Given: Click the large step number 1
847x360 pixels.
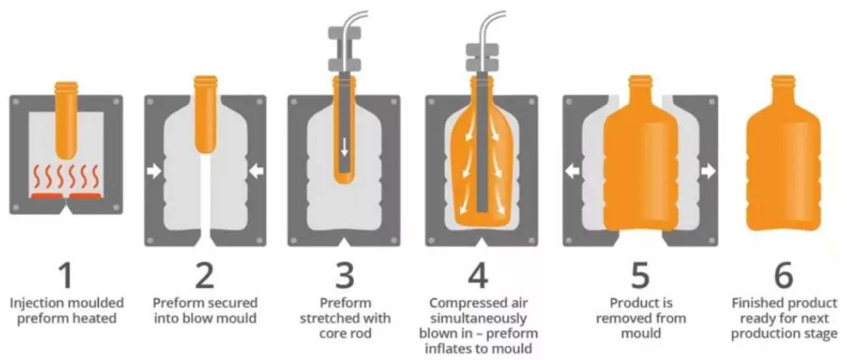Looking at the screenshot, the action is pyautogui.click(x=65, y=275).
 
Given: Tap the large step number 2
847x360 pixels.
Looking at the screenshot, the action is pyautogui.click(x=205, y=275).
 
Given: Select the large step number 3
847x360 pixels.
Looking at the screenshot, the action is pyautogui.click(x=346, y=275).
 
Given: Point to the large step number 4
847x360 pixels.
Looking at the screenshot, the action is pyautogui.click(x=479, y=275).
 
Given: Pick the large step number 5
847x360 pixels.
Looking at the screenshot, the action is pyautogui.click(x=640, y=275).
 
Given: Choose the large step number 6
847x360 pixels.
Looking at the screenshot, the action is pyautogui.click(x=783, y=275).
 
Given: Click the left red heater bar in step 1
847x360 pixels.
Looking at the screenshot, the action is pyautogui.click(x=47, y=195).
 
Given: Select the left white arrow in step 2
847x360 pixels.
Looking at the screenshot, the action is pyautogui.click(x=154, y=172).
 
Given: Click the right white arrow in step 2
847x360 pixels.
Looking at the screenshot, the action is pyautogui.click(x=257, y=172).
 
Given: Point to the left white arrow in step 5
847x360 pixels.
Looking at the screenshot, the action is pyautogui.click(x=572, y=172).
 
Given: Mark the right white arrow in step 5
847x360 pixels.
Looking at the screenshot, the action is pyautogui.click(x=709, y=172).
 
